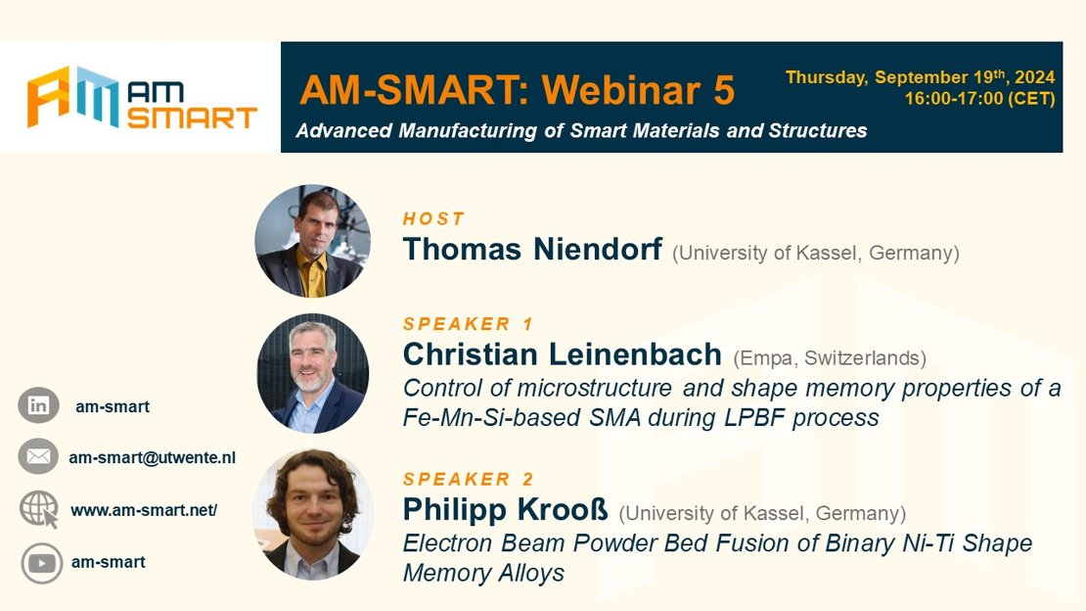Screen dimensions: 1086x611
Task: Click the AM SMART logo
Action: (142, 97)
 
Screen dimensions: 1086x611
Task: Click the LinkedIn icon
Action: (38, 405)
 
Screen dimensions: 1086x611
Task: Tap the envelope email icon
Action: (38, 456)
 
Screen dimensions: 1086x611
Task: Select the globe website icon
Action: (39, 509)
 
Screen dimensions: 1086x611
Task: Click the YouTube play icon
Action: (41, 562)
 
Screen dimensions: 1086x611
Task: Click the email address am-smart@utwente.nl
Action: (152, 457)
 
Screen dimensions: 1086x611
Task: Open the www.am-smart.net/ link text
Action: (144, 510)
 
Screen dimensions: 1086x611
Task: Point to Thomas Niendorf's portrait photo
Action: (312, 241)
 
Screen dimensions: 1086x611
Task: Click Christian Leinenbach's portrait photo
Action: (313, 374)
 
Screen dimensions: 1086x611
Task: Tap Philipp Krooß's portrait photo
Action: (313, 515)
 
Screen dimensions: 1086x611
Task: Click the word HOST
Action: (433, 219)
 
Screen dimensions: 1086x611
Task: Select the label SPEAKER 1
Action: (469, 324)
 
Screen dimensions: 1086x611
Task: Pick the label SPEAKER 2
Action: (469, 479)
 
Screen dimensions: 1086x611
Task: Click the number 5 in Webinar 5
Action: (723, 90)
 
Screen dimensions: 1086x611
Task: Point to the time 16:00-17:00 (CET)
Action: (979, 99)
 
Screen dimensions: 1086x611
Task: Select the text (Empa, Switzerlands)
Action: (830, 357)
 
